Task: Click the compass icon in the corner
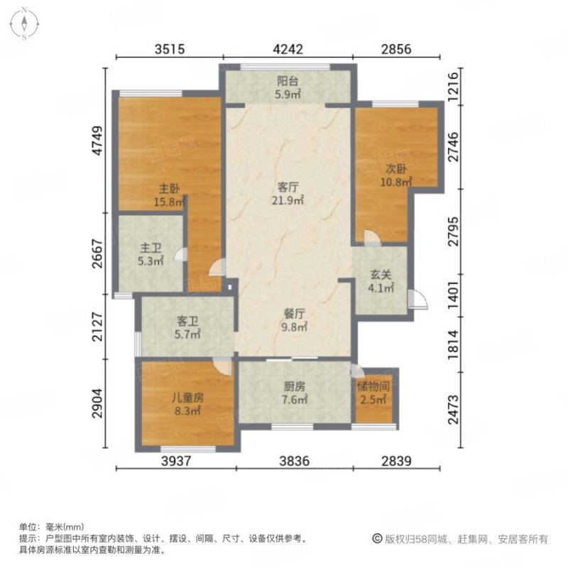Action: click(x=24, y=23)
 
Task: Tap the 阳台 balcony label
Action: click(x=288, y=81)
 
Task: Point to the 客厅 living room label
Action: click(x=287, y=187)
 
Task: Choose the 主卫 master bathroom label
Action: click(x=149, y=248)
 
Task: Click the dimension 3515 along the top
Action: click(x=170, y=49)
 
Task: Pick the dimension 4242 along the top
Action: click(x=288, y=49)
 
